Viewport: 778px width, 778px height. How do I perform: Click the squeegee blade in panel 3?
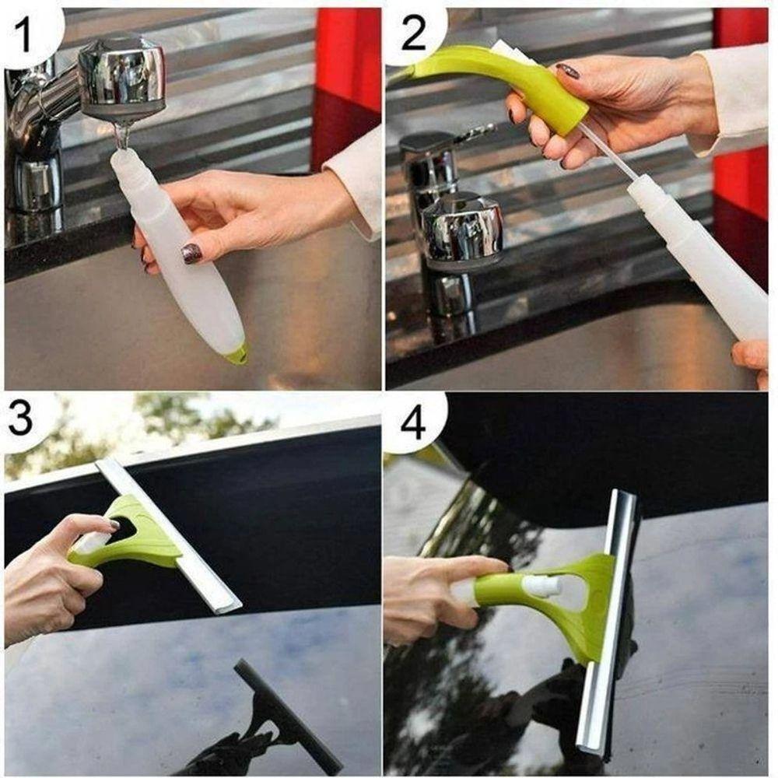click(x=168, y=535)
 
